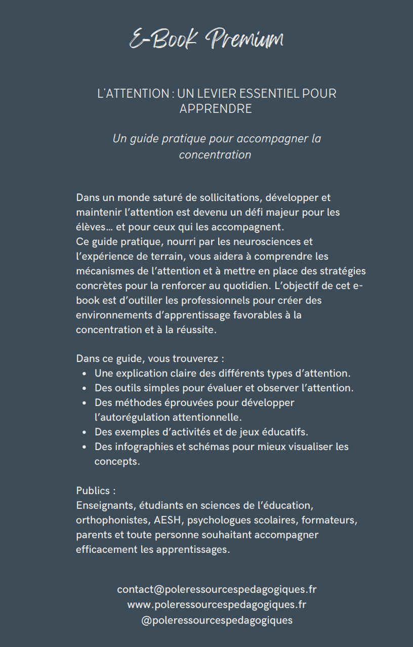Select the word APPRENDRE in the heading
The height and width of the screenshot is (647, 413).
pyautogui.click(x=216, y=109)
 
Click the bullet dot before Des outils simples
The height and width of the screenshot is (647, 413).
pyautogui.click(x=85, y=388)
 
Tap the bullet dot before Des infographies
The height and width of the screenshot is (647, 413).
pyautogui.click(x=85, y=447)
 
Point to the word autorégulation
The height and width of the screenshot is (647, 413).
pyautogui.click(x=132, y=418)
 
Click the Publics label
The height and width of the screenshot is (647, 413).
pyautogui.click(x=96, y=491)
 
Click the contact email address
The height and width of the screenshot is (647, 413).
pyautogui.click(x=217, y=589)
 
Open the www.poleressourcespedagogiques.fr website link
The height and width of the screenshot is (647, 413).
pyautogui.click(x=217, y=604)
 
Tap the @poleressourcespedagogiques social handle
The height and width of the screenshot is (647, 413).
pyautogui.click(x=217, y=620)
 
